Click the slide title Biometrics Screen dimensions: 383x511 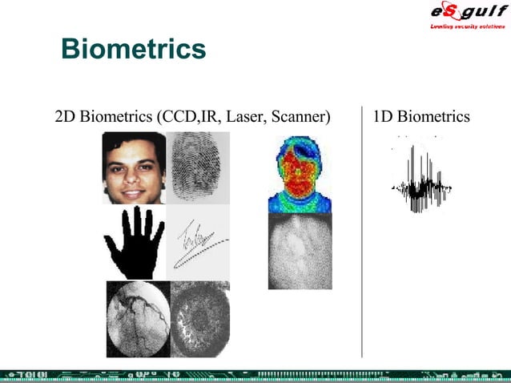tap(134, 49)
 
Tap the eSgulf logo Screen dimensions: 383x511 tap(463, 12)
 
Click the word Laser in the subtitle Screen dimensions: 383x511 tap(246, 118)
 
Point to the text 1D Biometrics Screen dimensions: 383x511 tap(422, 117)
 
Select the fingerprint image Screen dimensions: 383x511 tap(197, 167)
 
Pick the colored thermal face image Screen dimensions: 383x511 tap(300, 174)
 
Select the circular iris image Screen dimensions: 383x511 tap(199, 318)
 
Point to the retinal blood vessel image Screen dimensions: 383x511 tap(138, 318)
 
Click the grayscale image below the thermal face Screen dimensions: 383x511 tap(300, 252)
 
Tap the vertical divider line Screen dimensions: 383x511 tap(362, 232)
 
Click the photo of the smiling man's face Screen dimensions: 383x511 tap(133, 167)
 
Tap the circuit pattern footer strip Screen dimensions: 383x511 tap(255, 374)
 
